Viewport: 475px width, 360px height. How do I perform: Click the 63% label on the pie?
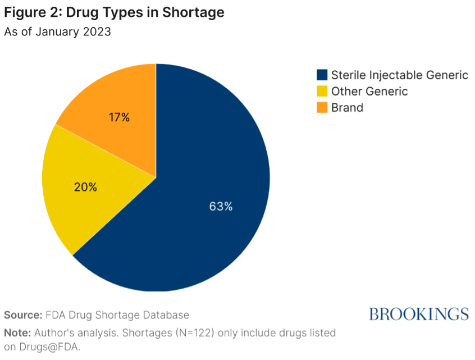click(221, 206)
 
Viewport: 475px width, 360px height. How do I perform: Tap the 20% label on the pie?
click(85, 187)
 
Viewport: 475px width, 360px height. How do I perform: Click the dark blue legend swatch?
click(322, 75)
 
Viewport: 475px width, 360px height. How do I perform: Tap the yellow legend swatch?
click(322, 92)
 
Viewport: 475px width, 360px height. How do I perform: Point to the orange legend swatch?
click(322, 107)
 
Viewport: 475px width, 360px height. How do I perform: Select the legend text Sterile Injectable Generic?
click(399, 75)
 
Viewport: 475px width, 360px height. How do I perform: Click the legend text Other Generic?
click(369, 92)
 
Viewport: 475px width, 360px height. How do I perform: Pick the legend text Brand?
click(347, 107)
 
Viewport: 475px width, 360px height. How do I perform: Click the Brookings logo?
click(418, 313)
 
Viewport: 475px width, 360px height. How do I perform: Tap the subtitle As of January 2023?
click(57, 32)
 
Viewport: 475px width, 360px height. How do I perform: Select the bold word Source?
click(23, 315)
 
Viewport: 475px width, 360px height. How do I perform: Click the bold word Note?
click(18, 332)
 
